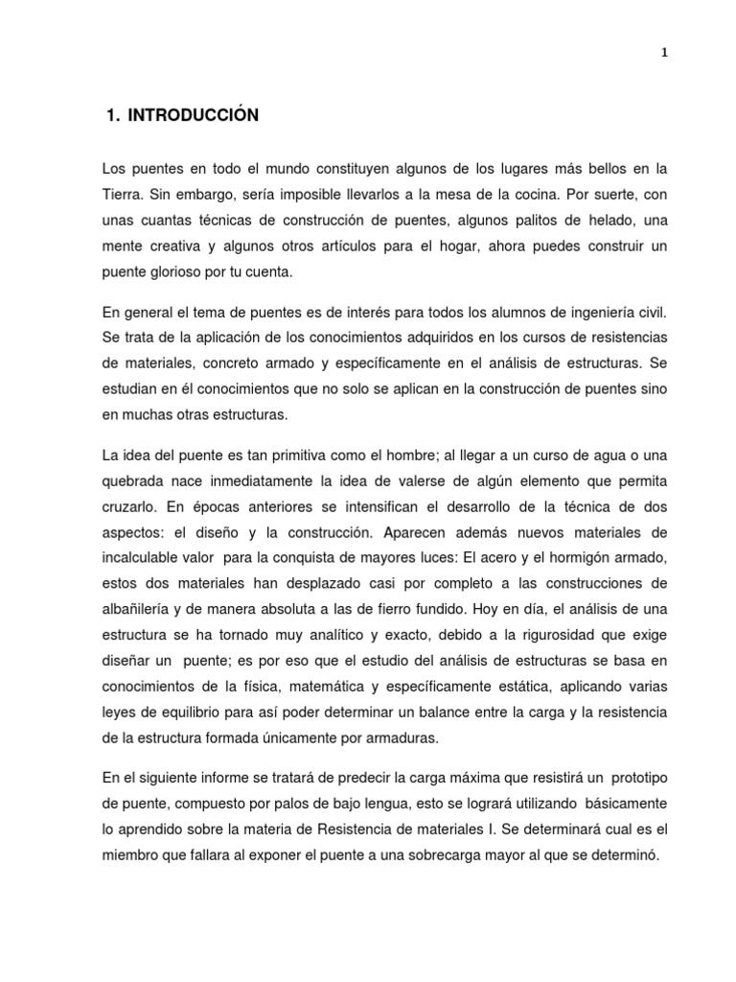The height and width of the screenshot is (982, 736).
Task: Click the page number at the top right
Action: [x=664, y=53]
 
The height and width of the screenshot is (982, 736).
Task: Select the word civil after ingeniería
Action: [x=648, y=313]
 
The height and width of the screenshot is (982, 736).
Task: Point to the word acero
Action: [x=553, y=556]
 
